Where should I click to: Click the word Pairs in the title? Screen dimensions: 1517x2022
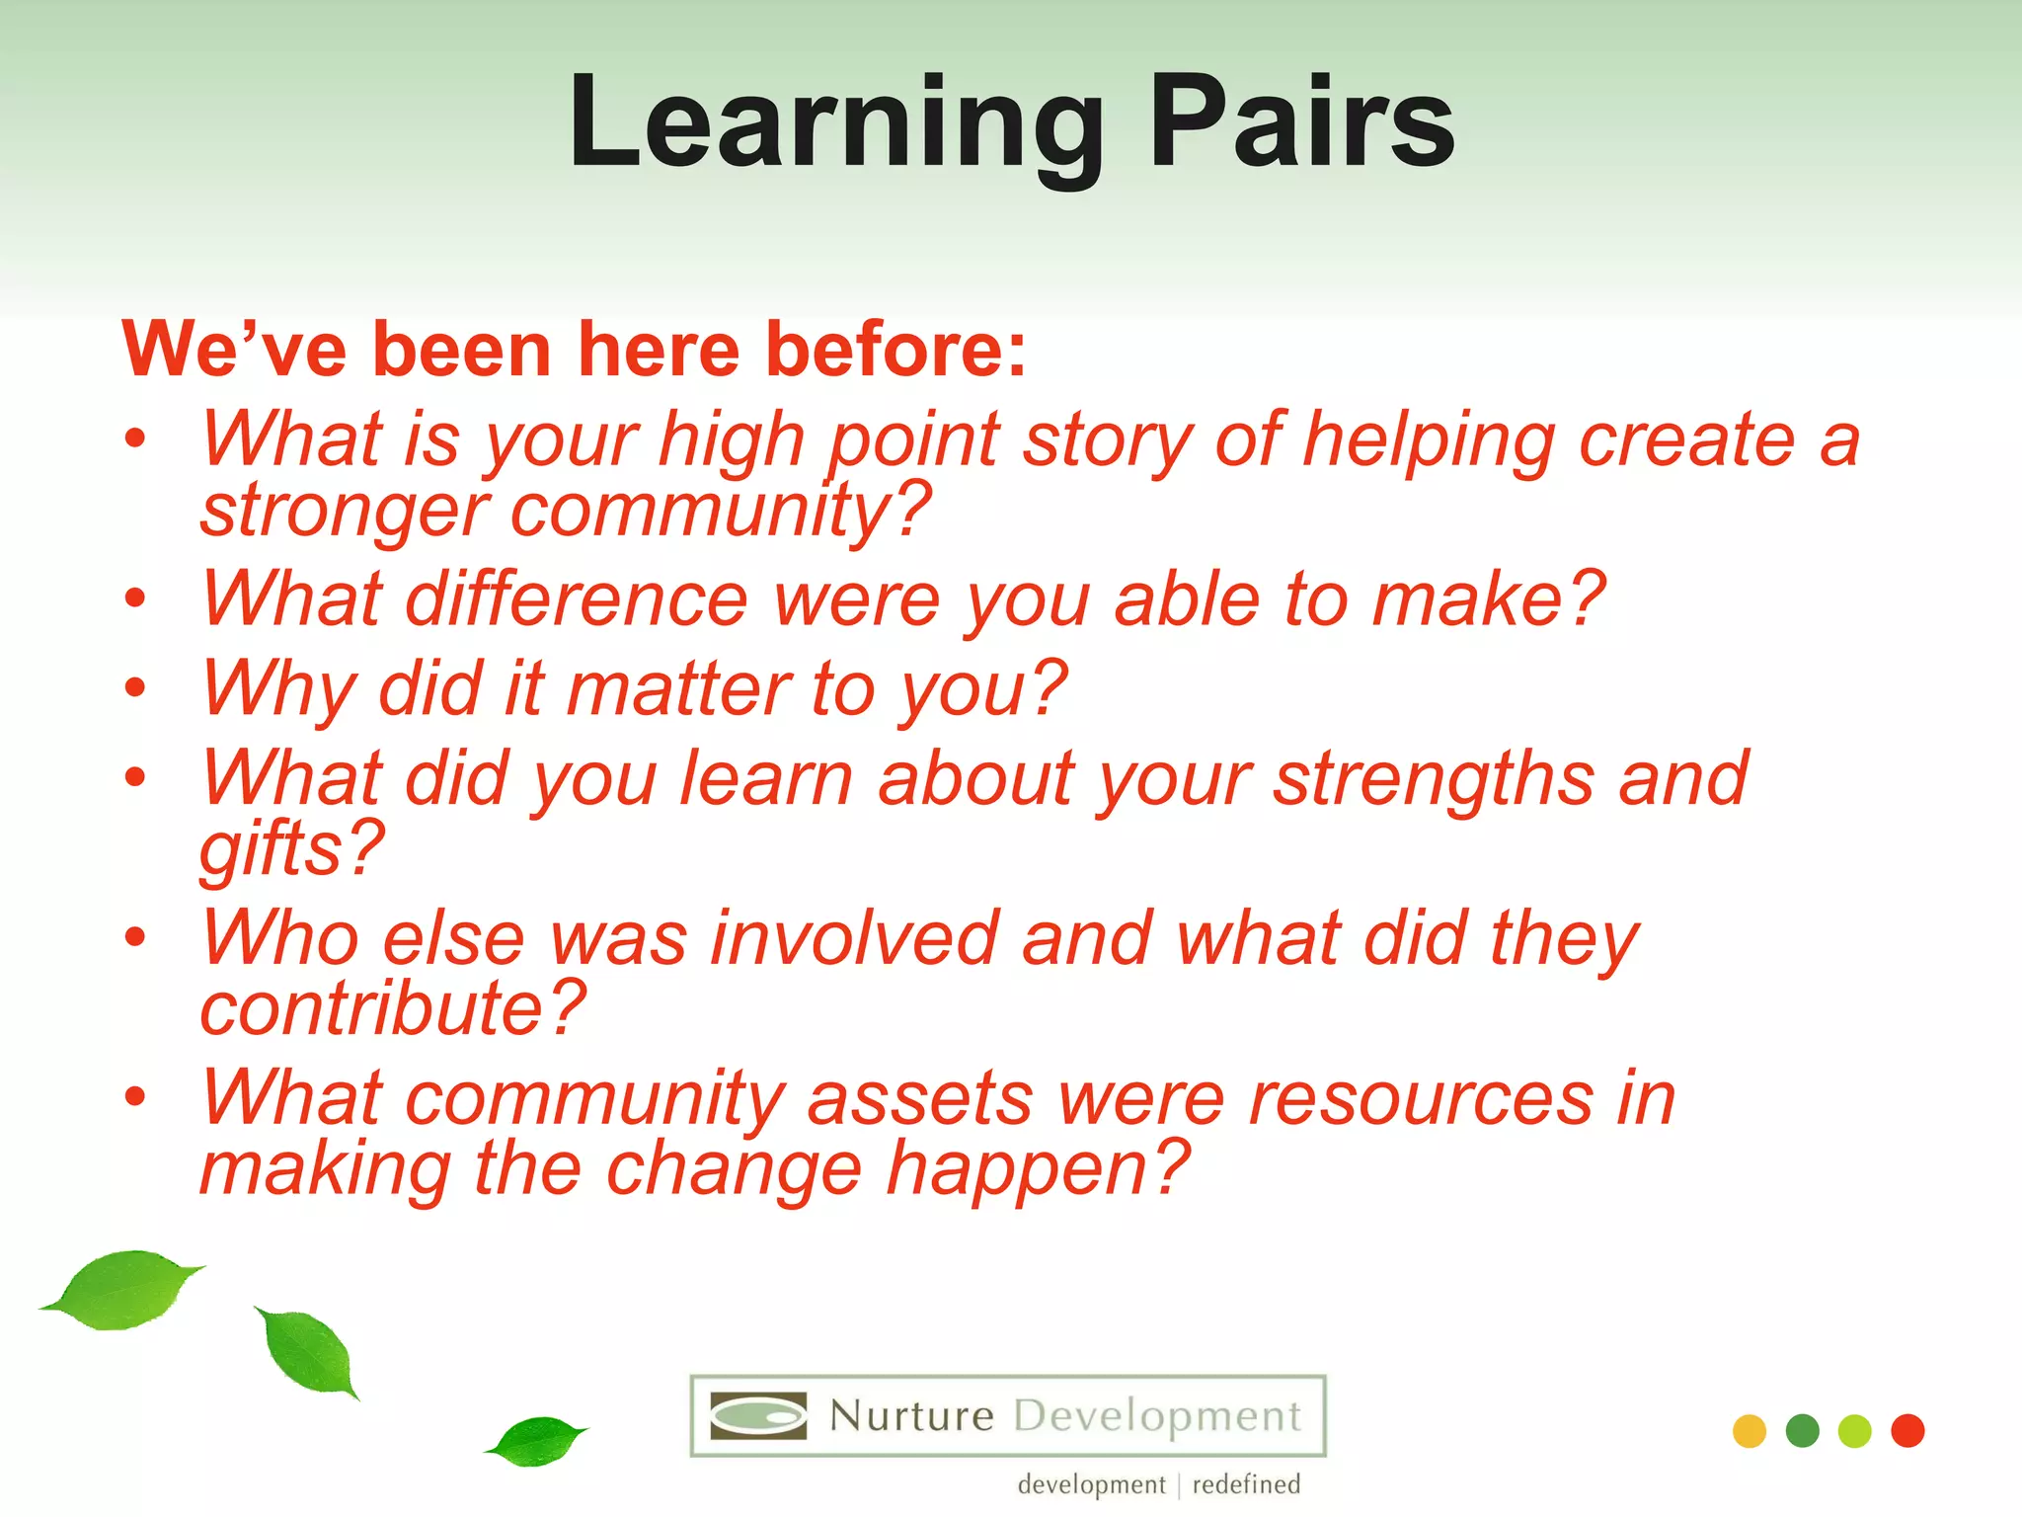click(1301, 123)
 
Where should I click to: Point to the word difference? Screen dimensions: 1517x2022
click(577, 599)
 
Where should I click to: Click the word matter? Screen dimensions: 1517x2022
click(677, 689)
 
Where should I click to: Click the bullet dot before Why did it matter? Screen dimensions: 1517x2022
click(135, 687)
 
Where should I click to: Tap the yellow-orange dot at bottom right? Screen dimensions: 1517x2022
click(1749, 1431)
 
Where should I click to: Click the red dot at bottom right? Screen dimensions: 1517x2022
click(1907, 1431)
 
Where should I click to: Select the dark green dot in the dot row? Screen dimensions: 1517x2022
click(1802, 1431)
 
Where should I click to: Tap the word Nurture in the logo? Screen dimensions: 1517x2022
click(910, 1416)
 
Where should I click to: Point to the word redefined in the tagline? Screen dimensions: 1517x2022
click(1246, 1484)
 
